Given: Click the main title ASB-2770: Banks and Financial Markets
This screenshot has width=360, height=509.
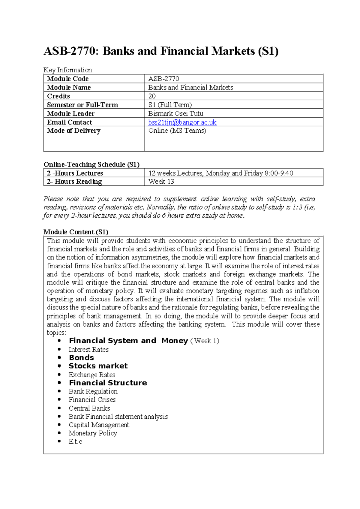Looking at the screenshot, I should [x=161, y=51].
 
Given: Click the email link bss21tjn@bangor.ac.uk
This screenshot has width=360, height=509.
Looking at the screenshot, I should [x=182, y=122].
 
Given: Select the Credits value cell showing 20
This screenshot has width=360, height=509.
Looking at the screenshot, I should [x=152, y=96].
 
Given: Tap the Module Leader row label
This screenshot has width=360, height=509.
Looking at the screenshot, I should [x=70, y=113].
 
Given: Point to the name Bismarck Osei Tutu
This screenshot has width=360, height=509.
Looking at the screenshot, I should [x=176, y=113].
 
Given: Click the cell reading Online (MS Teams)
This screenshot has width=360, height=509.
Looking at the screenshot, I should [x=177, y=131].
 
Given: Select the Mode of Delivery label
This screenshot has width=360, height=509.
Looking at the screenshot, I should [x=73, y=131].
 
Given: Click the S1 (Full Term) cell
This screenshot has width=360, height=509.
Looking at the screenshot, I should [x=170, y=105].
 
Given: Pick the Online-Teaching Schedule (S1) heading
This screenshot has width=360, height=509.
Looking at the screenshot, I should [x=91, y=164].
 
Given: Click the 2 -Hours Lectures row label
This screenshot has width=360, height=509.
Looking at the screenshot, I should [x=75, y=173].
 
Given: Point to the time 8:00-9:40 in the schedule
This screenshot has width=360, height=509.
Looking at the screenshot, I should [x=279, y=173].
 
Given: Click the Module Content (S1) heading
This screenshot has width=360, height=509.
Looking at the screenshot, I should [x=76, y=232].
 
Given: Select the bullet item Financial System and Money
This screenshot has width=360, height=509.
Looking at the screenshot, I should [x=128, y=341].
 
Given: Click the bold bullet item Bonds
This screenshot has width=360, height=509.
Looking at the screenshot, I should [x=81, y=358].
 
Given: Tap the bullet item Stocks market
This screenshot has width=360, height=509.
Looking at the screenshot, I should [x=98, y=366].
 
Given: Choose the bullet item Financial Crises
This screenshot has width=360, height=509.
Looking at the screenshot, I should [x=92, y=400].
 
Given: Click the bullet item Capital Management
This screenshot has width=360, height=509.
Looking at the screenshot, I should [x=99, y=425].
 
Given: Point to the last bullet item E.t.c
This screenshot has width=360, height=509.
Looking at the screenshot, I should [x=75, y=441].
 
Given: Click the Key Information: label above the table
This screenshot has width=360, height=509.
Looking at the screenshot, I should [x=68, y=70].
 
